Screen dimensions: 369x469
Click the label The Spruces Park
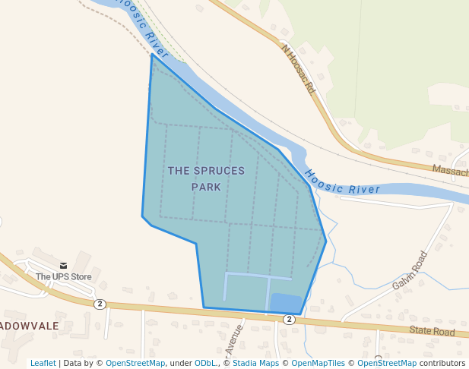pyautogui.click(x=206, y=178)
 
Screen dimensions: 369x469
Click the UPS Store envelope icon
pyautogui.click(x=63, y=265)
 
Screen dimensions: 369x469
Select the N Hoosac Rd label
pyautogui.click(x=297, y=68)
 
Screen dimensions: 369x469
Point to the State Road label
pyautogui.click(x=431, y=331)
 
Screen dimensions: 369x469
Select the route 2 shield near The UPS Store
pyautogui.click(x=100, y=304)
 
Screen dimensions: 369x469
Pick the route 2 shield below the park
pyautogui.click(x=289, y=320)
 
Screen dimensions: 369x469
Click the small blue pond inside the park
pyautogui.click(x=286, y=303)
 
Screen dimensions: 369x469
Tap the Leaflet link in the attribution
pyautogui.click(x=43, y=363)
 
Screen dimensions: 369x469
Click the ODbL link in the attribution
pyautogui.click(x=204, y=363)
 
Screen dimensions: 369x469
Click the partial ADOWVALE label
pyautogui.click(x=29, y=325)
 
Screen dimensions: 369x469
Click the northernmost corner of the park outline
pyautogui.click(x=152, y=55)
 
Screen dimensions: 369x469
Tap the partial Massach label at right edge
pyautogui.click(x=450, y=172)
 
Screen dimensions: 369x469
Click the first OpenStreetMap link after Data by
pyautogui.click(x=135, y=363)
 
